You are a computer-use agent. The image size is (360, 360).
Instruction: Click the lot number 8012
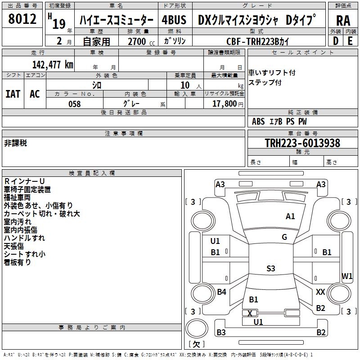point(22,19)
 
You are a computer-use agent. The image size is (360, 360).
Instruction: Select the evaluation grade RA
point(343,21)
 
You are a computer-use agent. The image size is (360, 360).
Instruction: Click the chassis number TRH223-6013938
point(302,143)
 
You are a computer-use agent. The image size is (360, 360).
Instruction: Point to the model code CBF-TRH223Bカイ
point(258,41)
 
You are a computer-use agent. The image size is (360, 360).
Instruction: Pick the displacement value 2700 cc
point(137,41)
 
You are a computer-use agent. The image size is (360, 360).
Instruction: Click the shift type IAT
point(13,94)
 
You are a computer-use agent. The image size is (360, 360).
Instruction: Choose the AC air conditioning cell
point(35,94)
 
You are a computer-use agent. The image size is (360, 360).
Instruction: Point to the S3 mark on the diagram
point(270,269)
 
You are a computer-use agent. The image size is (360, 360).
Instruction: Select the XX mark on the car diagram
point(320,292)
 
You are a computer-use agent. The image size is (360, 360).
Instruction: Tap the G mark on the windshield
point(284,237)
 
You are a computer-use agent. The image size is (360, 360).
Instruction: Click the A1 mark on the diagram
point(290,216)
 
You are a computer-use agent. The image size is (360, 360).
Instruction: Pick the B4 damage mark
point(221,292)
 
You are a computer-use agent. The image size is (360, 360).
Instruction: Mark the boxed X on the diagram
point(250,313)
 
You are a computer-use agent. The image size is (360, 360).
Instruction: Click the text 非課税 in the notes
point(16,143)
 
